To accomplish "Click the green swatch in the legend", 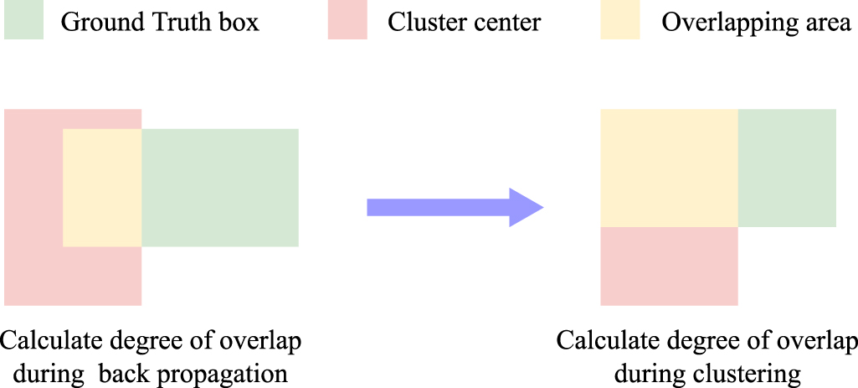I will [23, 20].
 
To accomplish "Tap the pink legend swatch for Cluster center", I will [347, 20].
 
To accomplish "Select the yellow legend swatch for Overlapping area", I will [620, 20].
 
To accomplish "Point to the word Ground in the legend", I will [99, 22].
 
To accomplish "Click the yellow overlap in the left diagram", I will [102, 188].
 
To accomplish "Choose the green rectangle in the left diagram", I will [219, 188].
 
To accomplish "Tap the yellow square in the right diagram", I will [669, 168].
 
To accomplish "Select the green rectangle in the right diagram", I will [786, 168].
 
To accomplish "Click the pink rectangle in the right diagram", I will [669, 266].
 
